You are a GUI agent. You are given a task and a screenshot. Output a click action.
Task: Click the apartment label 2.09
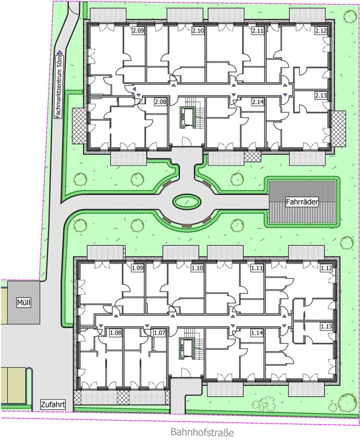(139, 31)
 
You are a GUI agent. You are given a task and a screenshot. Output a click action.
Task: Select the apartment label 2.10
(198, 31)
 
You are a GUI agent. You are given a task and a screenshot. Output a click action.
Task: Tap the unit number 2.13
(321, 95)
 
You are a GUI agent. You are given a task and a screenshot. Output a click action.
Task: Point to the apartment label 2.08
(160, 102)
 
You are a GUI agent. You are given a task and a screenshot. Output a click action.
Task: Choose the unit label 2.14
(258, 102)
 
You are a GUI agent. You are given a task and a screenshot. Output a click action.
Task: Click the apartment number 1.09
(138, 267)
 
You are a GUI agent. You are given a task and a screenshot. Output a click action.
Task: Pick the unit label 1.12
(326, 267)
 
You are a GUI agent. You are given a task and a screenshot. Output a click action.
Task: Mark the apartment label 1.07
(159, 333)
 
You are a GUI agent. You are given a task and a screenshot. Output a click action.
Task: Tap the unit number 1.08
(115, 333)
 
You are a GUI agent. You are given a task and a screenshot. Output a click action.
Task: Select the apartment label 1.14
(257, 333)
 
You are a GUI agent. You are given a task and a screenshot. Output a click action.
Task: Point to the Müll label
(23, 303)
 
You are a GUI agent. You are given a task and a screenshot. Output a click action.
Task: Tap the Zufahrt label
(53, 404)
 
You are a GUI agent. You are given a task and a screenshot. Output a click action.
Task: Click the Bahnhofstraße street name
(202, 432)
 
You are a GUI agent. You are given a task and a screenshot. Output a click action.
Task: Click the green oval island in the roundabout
(187, 202)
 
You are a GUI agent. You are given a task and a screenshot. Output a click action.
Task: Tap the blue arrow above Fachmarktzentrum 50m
(59, 52)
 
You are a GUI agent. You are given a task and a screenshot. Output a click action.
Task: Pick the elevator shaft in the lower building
(186, 349)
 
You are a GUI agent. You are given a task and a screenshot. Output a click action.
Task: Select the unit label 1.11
(257, 267)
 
